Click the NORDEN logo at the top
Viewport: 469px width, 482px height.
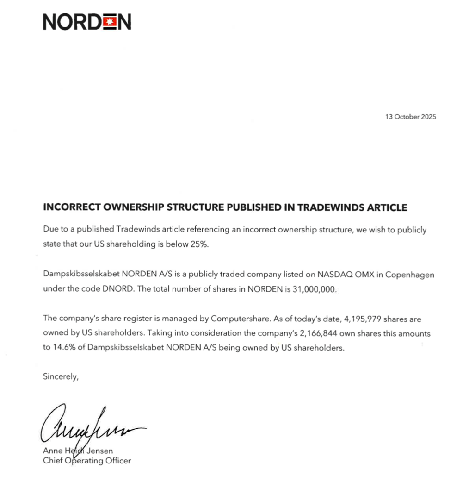pos(87,21)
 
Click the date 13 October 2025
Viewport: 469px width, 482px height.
pos(410,117)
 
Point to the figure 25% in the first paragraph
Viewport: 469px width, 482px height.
pos(200,244)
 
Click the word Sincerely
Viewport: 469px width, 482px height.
pos(61,376)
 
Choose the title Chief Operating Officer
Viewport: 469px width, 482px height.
pos(87,461)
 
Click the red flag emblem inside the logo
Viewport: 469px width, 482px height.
pos(109,21)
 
